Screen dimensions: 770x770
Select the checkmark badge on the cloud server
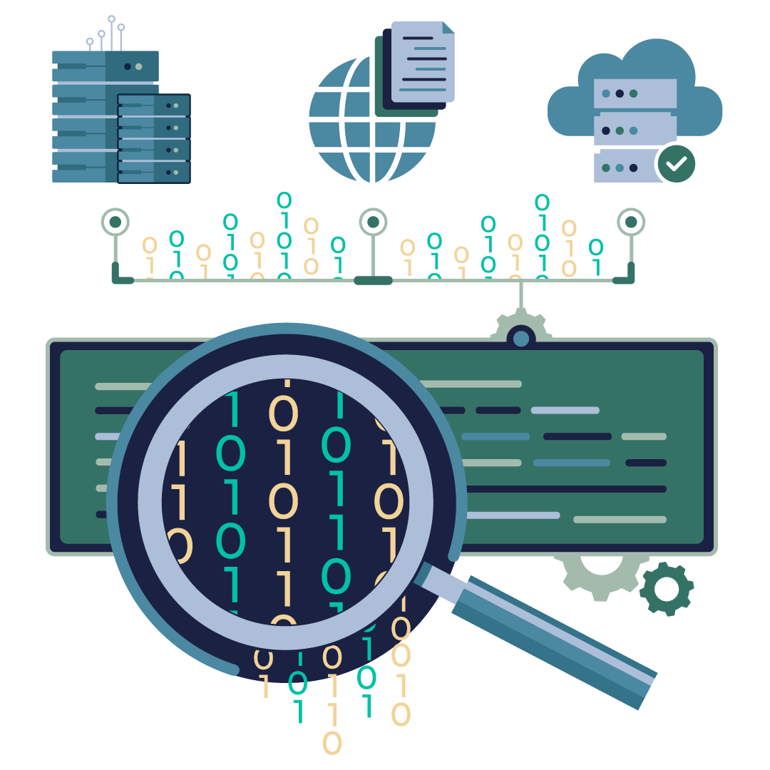675,163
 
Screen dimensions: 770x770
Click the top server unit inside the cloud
635,93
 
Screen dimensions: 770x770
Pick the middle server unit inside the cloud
635,130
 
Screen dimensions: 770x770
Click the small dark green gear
667,589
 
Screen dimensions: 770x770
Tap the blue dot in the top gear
521,339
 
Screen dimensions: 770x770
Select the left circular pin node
115,222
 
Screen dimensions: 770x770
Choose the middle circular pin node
372,222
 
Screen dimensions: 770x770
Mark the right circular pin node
631,222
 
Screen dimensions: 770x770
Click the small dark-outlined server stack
154,139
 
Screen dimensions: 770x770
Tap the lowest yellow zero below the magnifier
332,743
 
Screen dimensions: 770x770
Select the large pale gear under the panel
599,574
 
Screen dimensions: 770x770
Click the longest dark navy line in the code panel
563,489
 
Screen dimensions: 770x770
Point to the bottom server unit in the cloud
624,167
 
